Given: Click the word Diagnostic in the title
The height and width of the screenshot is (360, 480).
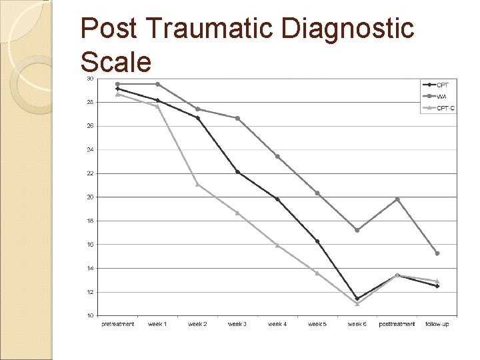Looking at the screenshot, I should point(349,29).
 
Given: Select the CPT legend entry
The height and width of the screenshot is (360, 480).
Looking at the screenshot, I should point(443,85).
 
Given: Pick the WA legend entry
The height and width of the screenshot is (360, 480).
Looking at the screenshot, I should point(441,96).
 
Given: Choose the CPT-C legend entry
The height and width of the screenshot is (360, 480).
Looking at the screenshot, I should point(446,107).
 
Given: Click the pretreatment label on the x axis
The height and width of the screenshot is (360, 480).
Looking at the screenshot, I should point(117,324).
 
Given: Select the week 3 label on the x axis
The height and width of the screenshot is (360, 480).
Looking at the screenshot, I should point(237,324).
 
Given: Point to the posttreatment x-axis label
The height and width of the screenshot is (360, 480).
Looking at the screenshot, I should point(397,324).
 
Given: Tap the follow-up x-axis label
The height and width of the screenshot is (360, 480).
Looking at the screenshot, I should point(437,324).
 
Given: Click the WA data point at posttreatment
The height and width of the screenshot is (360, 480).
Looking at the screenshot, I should point(397,199).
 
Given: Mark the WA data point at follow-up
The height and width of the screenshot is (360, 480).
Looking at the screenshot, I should point(437,253).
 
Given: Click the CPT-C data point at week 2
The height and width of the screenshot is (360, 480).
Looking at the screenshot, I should point(197,184).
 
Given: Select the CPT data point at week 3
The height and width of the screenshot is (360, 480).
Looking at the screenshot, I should point(237,172).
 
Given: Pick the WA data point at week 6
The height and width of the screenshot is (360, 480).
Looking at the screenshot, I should point(357,230).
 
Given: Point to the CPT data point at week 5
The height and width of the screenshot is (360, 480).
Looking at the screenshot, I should point(317,241).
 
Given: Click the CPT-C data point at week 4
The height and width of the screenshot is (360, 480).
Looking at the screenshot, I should point(277,245).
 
